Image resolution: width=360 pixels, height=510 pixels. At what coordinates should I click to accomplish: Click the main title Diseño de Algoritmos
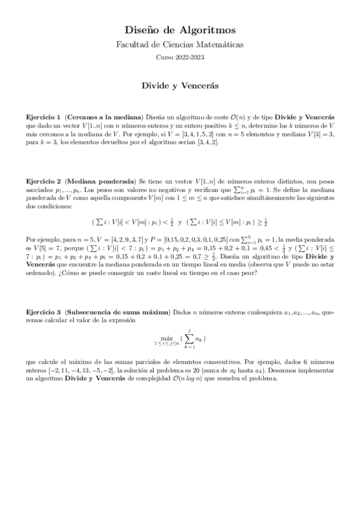coord(180,29)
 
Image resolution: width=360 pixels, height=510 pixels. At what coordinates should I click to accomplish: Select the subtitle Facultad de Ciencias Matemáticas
coord(180,44)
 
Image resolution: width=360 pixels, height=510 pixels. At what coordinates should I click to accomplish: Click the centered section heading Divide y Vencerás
coord(180,86)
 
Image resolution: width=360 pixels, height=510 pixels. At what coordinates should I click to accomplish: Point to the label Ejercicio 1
coord(43,115)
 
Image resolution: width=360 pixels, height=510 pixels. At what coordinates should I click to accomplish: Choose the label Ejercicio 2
coord(43,180)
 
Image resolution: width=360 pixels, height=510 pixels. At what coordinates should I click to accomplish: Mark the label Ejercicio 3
coord(43,312)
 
